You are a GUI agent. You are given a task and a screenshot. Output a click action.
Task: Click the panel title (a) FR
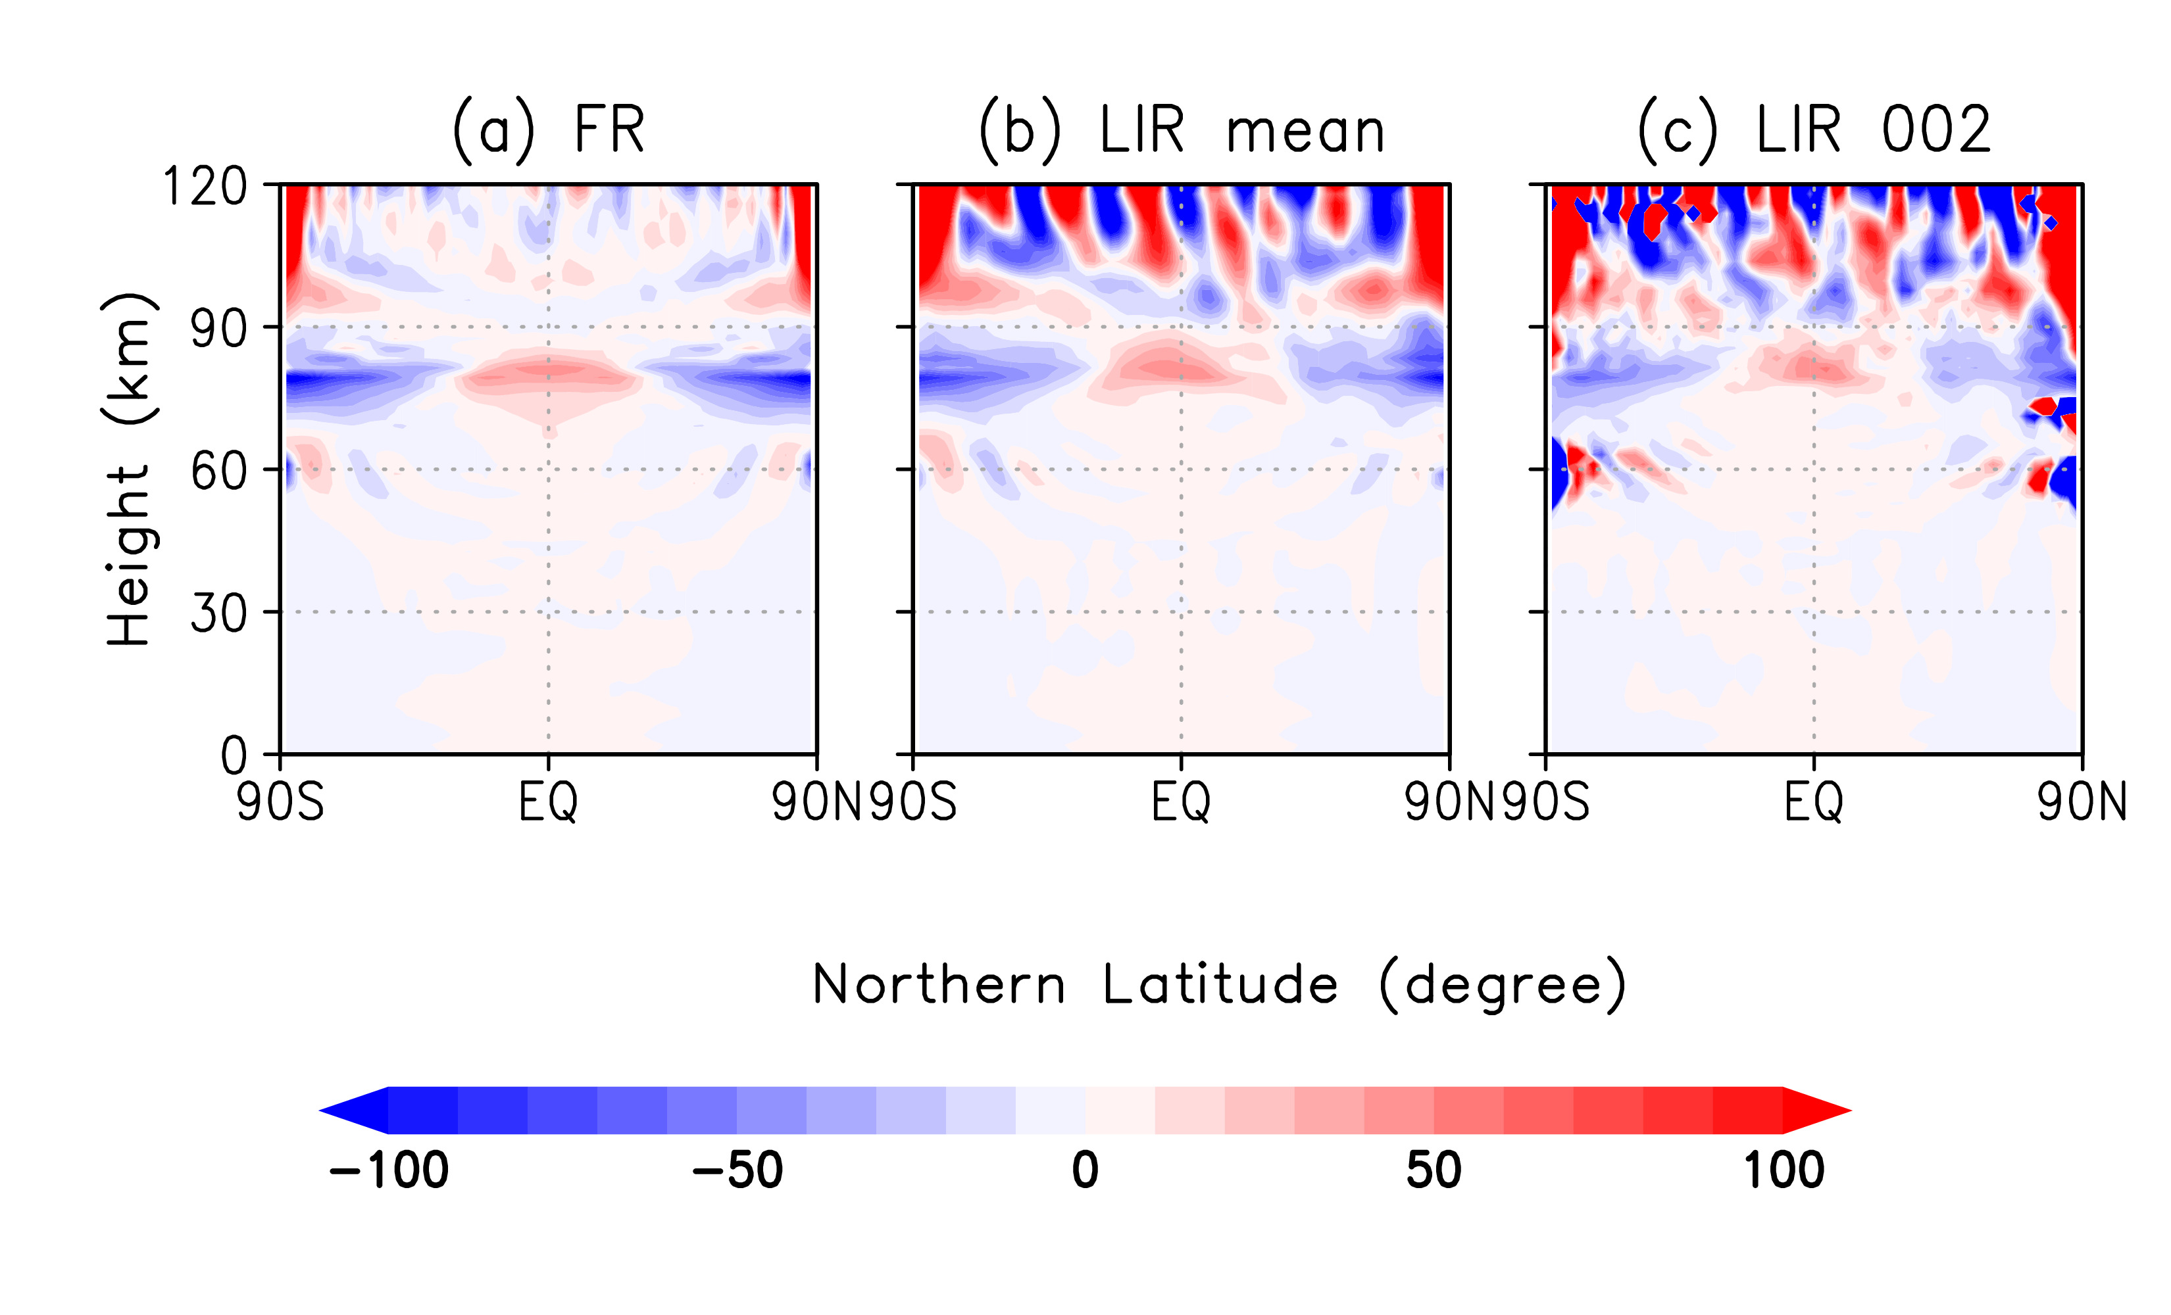[x=548, y=130]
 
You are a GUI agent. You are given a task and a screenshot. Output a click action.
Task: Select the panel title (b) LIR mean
[x=1182, y=130]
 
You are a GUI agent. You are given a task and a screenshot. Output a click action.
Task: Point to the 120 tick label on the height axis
[x=205, y=187]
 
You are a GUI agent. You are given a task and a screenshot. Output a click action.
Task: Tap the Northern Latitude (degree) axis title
[x=1218, y=985]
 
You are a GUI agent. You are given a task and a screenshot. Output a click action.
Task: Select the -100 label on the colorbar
[x=389, y=1170]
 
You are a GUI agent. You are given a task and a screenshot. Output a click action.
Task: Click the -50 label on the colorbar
[x=737, y=1170]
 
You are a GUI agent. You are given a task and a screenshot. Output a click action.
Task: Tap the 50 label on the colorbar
[x=1434, y=1170]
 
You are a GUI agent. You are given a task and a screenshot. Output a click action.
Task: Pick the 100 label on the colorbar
[x=1784, y=1170]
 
